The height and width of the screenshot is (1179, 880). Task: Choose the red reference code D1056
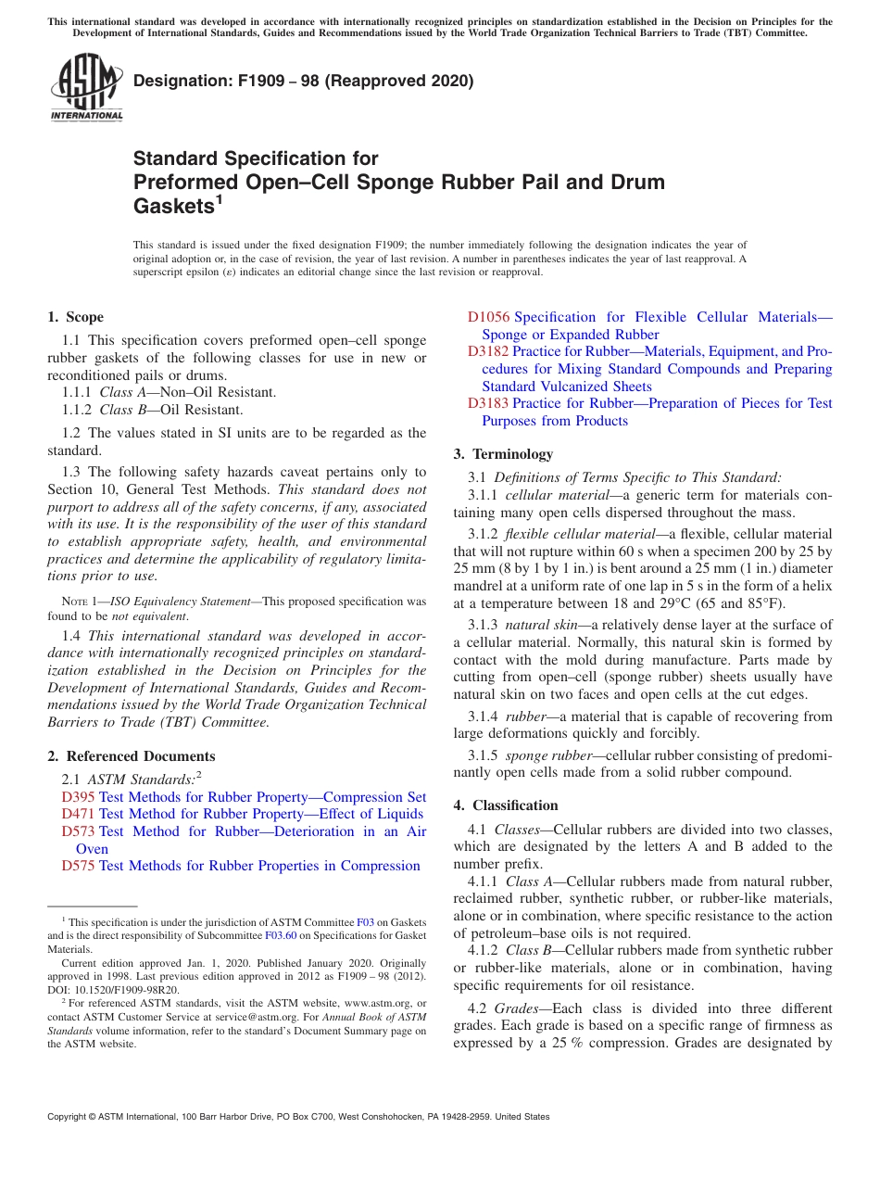tap(488, 317)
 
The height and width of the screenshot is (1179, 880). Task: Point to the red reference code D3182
tap(488, 351)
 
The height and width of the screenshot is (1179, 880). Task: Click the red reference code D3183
tap(488, 403)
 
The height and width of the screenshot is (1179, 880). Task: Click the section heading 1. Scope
tap(75, 317)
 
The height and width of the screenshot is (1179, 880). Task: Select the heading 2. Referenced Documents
tap(132, 756)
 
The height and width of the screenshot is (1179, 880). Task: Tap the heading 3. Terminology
tap(503, 454)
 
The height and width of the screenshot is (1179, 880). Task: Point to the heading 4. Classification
tap(506, 805)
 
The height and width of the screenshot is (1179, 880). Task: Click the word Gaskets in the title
tap(173, 207)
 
